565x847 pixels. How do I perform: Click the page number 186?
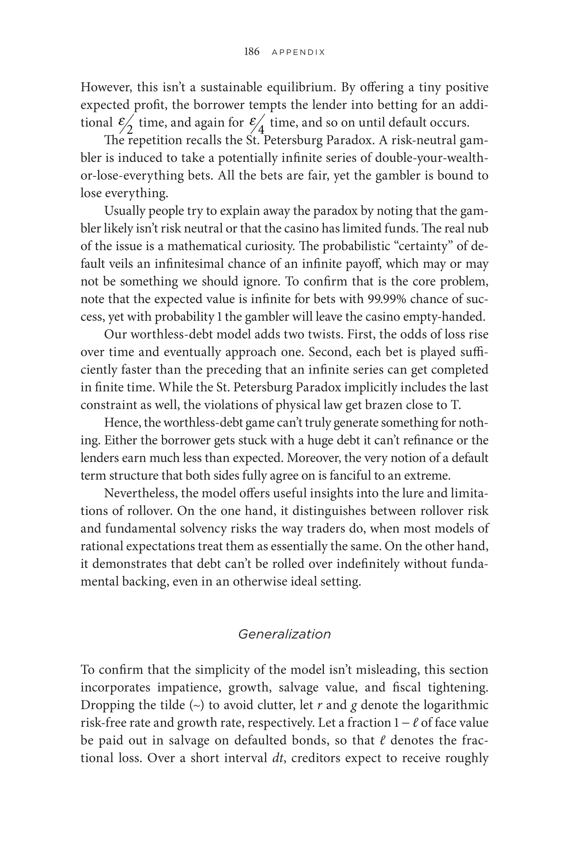tap(252, 52)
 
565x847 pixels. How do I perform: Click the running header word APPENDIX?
tap(298, 53)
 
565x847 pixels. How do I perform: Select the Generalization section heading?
tap(284, 634)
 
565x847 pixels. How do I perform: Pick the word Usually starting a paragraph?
tap(124, 211)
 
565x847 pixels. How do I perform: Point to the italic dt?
tap(279, 758)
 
